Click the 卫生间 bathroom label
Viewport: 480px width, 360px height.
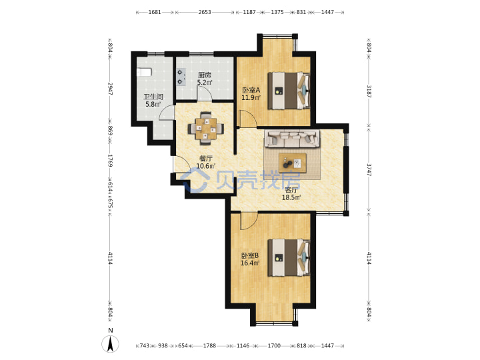coord(153,97)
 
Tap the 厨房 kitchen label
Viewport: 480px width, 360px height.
coord(204,75)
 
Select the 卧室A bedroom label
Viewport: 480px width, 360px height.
coord(251,90)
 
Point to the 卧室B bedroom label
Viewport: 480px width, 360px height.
coord(250,255)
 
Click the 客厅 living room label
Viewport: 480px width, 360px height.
coord(291,190)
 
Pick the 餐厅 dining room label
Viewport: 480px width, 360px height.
coord(206,159)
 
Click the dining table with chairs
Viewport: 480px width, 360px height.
coord(206,128)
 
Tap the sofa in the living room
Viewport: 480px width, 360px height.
coord(293,137)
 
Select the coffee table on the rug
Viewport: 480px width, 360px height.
coord(293,163)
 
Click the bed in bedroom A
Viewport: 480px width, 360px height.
coord(289,91)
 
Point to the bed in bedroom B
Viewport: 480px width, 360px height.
coord(289,258)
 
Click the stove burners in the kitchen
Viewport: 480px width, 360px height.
coord(181,77)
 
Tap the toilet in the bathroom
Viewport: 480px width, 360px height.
coord(144,72)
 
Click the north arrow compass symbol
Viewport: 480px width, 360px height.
coord(110,343)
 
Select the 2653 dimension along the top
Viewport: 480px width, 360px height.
coord(205,12)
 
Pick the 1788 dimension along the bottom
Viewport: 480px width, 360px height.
coord(210,345)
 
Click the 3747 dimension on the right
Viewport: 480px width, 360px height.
coord(369,169)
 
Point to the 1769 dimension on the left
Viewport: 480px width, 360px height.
coord(110,161)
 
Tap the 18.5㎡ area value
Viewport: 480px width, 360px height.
coord(291,197)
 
